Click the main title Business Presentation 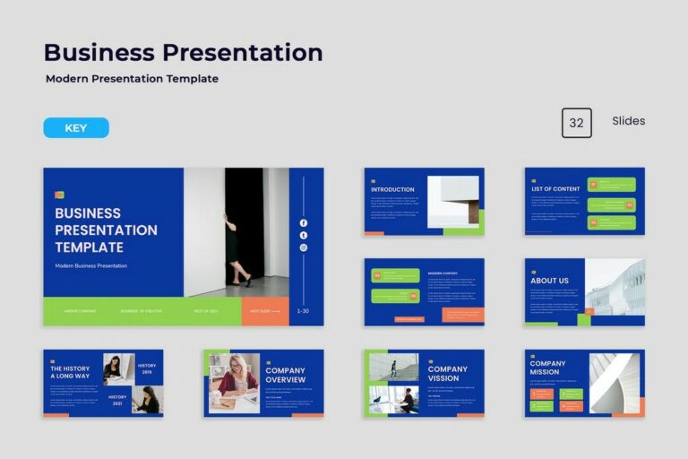[183, 53]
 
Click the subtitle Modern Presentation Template [132, 79]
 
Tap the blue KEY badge [76, 128]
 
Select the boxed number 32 [576, 123]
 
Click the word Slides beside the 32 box [628, 121]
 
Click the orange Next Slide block [265, 311]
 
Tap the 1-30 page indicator [303, 311]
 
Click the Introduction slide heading [392, 189]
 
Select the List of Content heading [555, 189]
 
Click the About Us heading [549, 281]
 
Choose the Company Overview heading [285, 374]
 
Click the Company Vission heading [447, 374]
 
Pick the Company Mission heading [547, 368]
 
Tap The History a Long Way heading [70, 372]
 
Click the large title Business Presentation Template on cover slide [106, 229]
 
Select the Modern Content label [443, 273]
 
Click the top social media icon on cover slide [303, 223]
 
